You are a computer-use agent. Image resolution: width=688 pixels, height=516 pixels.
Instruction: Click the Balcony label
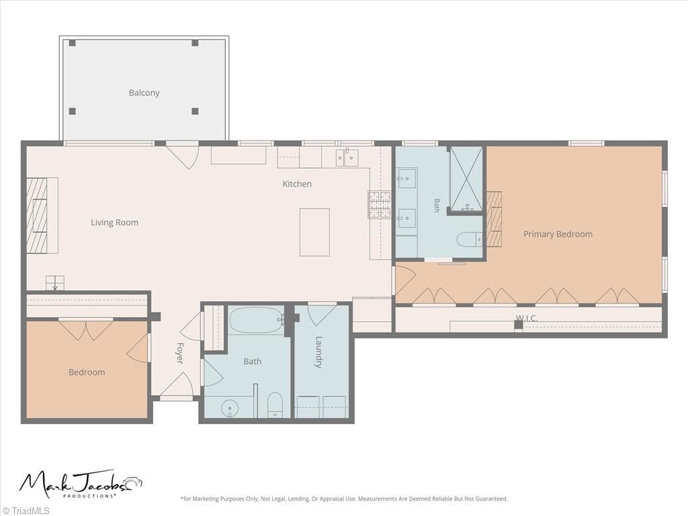coord(144,93)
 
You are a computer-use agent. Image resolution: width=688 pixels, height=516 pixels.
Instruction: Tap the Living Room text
coord(114,222)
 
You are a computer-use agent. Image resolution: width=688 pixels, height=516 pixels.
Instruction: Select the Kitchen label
coord(297,184)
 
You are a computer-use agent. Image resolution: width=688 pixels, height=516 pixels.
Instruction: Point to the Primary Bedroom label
coord(558,234)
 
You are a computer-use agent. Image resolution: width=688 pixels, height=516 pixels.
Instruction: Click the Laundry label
coord(319,352)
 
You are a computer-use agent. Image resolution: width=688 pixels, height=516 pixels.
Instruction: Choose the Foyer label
coord(180,353)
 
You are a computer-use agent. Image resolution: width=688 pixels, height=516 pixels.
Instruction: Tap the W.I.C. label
coord(527,318)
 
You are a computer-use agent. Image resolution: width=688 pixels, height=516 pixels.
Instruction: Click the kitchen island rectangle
coord(314,232)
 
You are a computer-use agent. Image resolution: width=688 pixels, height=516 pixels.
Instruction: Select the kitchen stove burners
coord(379,205)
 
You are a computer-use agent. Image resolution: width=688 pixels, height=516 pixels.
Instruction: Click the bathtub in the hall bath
coord(256,320)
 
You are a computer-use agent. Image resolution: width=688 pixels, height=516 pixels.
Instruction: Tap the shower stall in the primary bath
coord(466,179)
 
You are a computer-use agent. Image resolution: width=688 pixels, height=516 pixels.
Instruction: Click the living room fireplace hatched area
coord(36,216)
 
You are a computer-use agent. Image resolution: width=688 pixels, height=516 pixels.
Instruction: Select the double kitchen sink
coord(347,158)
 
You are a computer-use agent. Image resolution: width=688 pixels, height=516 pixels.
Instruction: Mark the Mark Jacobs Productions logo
coord(81,484)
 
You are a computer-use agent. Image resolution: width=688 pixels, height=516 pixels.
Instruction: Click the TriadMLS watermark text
coord(26,511)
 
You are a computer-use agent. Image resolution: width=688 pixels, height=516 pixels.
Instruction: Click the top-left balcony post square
coord(72,43)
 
